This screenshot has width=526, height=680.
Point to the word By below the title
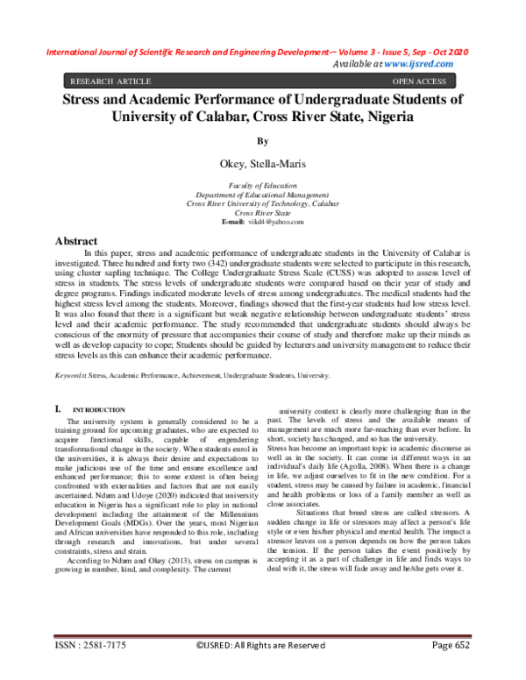[x=262, y=140]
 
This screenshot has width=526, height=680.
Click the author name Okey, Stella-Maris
[x=262, y=163]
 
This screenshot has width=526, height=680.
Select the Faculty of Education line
[x=262, y=187]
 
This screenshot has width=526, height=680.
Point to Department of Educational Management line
[x=262, y=195]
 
